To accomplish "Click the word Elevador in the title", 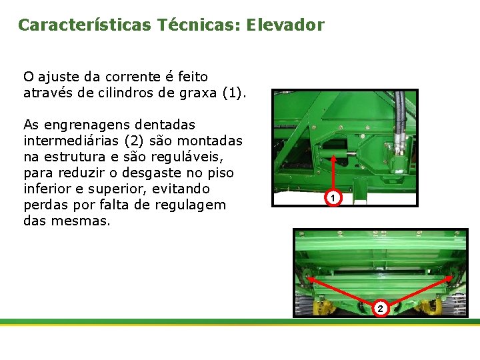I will [285, 25].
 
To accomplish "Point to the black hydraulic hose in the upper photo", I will [400, 113].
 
